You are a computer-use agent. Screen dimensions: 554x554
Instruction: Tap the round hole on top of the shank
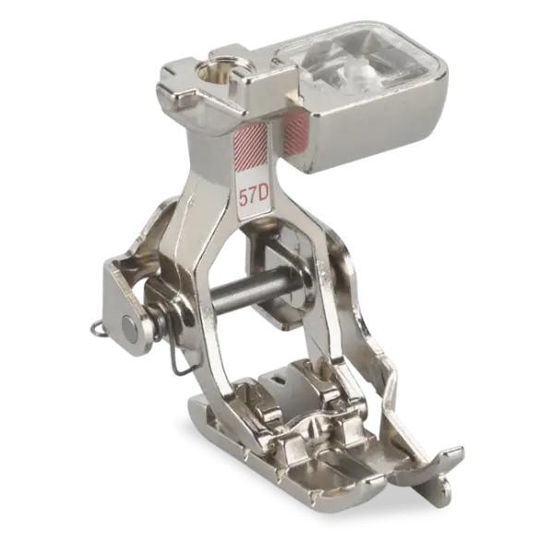pyautogui.click(x=212, y=71)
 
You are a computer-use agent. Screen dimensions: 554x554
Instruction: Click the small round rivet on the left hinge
pyautogui.click(x=128, y=324)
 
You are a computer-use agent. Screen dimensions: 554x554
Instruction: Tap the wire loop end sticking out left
pyautogui.click(x=97, y=329)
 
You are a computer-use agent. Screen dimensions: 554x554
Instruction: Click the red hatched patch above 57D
pyautogui.click(x=250, y=146)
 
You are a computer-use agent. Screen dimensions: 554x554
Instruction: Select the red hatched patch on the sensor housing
pyautogui.click(x=297, y=133)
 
